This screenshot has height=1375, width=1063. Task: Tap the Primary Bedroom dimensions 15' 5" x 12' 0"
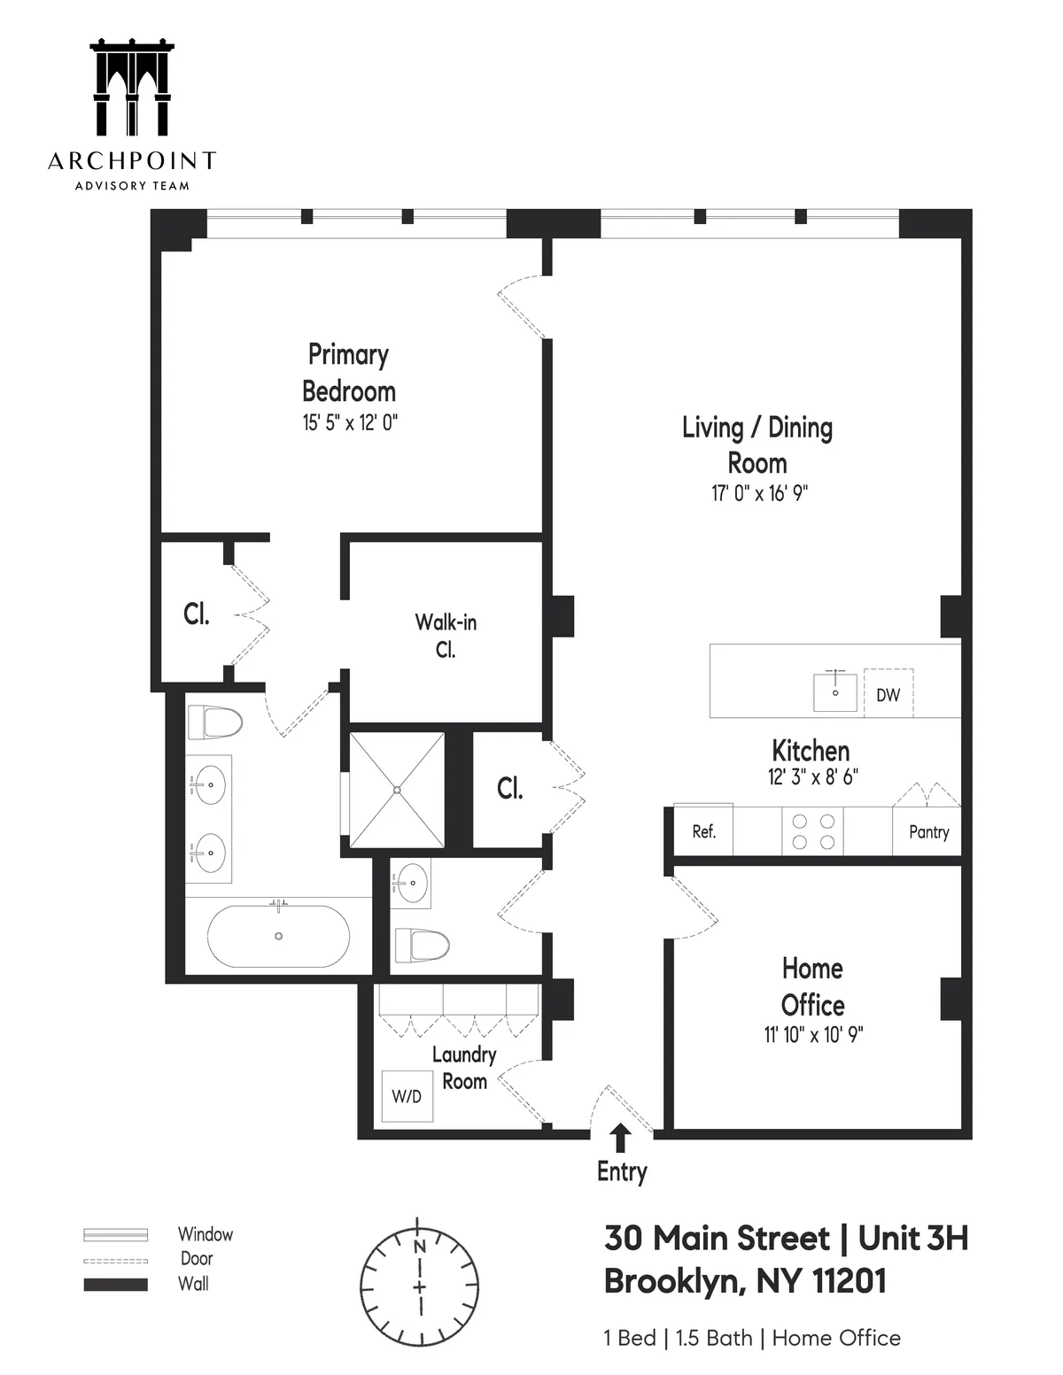coord(350,422)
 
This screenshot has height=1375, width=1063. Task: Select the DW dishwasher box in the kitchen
coord(888,694)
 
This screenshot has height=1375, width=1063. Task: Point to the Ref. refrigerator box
coord(703,830)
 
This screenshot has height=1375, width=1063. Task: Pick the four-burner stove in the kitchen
coord(812,830)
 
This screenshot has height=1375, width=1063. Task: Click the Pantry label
coord(928,831)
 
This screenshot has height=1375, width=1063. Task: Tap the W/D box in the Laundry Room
coord(407,1096)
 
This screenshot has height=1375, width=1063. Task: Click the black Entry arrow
coord(621,1138)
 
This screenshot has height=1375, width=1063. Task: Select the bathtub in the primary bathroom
coord(278,936)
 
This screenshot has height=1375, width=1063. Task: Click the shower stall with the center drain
coord(398,789)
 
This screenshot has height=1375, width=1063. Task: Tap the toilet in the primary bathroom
coord(214,722)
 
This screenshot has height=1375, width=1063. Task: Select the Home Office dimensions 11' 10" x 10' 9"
coord(813,1033)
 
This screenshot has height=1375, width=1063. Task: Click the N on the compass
coord(420,1245)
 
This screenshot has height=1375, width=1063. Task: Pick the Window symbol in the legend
coord(115,1234)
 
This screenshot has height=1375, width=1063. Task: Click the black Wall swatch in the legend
coord(115,1284)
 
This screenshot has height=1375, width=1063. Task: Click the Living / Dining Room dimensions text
coord(759,493)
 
